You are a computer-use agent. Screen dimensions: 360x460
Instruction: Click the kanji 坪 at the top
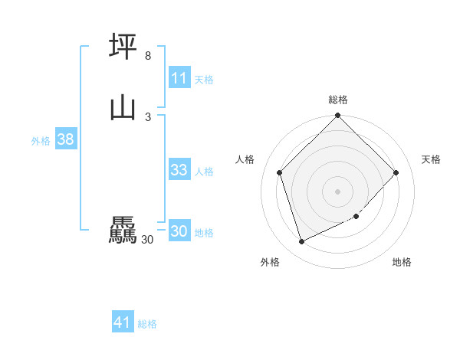tap(123, 46)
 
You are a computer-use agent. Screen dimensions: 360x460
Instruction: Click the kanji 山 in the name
tap(123, 107)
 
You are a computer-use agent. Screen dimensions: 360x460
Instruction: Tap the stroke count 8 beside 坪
tap(148, 56)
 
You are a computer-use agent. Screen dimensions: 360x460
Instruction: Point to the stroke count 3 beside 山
tap(148, 116)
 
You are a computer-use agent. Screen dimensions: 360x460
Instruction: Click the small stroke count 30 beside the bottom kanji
tap(148, 240)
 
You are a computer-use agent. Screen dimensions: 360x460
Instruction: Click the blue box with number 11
tap(179, 78)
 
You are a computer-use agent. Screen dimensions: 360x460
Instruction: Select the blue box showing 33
tap(179, 170)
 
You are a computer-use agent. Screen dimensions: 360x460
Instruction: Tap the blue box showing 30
tap(179, 231)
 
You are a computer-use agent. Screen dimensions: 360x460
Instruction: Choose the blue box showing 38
tap(65, 139)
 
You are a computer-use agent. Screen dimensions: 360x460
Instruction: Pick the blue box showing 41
tap(123, 322)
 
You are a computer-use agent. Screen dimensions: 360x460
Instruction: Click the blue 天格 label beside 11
tap(204, 79)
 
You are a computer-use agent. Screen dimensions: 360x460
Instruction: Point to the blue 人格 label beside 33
tap(204, 171)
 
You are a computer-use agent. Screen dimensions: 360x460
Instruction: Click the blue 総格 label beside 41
tap(147, 324)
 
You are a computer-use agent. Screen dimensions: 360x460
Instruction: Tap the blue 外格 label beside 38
tap(41, 141)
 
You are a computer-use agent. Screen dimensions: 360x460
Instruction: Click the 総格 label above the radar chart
tap(338, 100)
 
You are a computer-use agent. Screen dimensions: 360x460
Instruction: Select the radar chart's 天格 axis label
tap(432, 159)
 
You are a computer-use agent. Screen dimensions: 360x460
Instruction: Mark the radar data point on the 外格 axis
tap(301, 242)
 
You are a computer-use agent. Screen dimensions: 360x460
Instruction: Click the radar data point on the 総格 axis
tap(338, 116)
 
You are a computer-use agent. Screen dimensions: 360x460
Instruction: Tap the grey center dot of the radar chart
tap(338, 191)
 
